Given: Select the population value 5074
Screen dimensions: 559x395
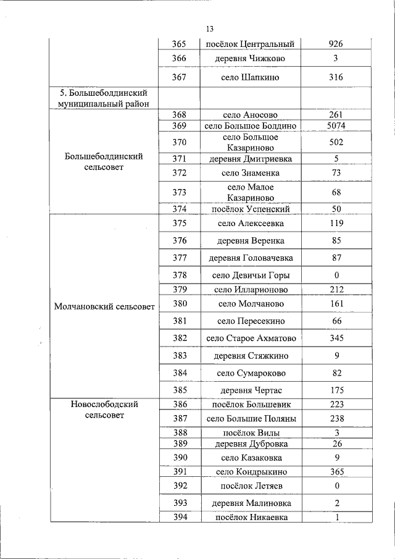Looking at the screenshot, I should pos(336,126).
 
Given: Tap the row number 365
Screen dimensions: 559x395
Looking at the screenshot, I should pos(179,44).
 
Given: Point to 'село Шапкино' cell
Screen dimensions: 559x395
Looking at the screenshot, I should pos(251,77).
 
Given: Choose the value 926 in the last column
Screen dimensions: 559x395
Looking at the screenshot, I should pos(336,44).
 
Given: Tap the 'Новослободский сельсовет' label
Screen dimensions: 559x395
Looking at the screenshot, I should pos(104,410).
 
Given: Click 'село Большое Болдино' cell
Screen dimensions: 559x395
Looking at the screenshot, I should pos(251,126).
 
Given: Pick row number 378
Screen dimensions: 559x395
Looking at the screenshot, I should pos(179,275).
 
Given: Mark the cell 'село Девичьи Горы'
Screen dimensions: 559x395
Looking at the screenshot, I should pos(251,275).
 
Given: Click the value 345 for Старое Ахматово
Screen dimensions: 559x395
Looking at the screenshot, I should pos(336,338).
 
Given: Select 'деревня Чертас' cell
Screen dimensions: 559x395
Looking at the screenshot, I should pos(251,390).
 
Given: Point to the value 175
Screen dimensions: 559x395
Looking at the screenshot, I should pos(336,390).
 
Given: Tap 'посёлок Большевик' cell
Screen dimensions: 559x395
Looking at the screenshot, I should pos(251,405).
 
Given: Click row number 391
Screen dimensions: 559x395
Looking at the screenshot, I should pos(179,471).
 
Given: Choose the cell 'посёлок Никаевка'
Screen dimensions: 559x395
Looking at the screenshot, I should pos(251,517).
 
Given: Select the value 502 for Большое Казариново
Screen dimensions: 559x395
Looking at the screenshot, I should pos(336,142).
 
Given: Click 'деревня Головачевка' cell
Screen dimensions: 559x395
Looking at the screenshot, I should pos(251,258).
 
